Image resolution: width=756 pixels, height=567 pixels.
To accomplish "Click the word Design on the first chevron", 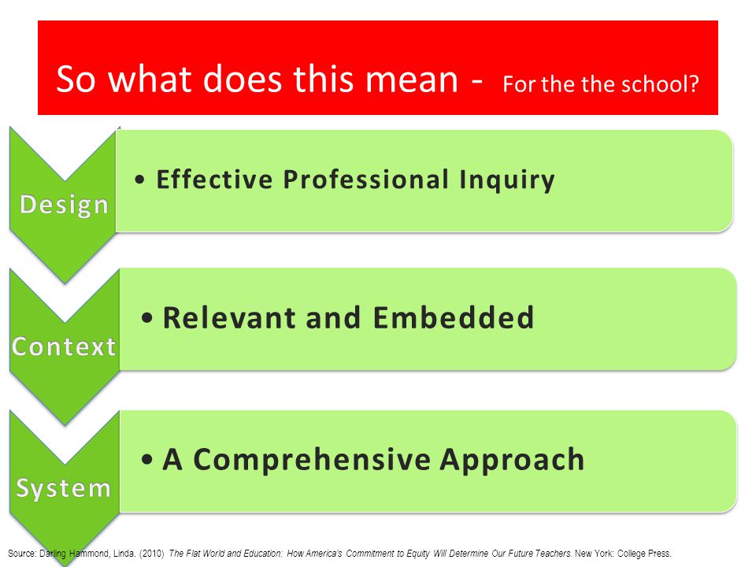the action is pyautogui.click(x=64, y=205).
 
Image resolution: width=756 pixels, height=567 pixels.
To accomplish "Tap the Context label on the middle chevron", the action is pyautogui.click(x=64, y=346).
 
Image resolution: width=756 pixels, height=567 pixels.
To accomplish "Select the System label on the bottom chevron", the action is pyautogui.click(x=64, y=488).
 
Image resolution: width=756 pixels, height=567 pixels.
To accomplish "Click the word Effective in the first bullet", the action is pyautogui.click(x=214, y=180).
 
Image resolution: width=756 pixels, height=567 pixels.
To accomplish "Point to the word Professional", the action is pyautogui.click(x=366, y=180).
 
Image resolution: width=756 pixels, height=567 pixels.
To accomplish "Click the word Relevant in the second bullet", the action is pyautogui.click(x=229, y=317).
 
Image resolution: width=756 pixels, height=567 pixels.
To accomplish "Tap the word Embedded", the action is pyautogui.click(x=454, y=317).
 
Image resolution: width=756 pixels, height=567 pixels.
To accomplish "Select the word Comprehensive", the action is pyautogui.click(x=312, y=459).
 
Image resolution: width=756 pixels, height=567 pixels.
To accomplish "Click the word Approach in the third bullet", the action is pyautogui.click(x=512, y=459).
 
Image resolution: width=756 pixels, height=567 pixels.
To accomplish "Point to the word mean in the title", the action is pyautogui.click(x=411, y=80).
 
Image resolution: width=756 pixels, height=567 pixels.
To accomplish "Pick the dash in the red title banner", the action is pyautogui.click(x=477, y=81).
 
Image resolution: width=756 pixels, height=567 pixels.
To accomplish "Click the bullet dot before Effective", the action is pyautogui.click(x=140, y=180).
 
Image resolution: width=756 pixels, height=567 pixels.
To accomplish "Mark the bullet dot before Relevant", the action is pyautogui.click(x=147, y=318).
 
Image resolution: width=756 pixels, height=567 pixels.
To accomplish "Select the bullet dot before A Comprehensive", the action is pyautogui.click(x=147, y=460).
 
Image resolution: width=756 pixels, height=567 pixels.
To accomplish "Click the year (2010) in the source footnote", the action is pyautogui.click(x=152, y=554).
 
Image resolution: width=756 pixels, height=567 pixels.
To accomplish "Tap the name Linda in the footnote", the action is pyautogui.click(x=124, y=554).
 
